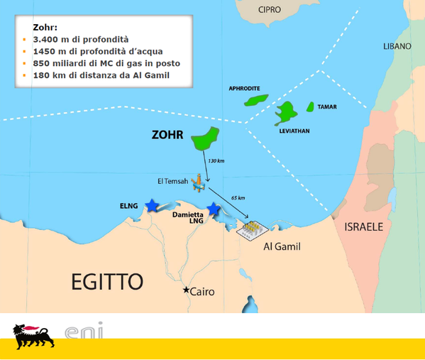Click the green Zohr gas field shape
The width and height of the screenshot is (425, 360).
tap(206, 138)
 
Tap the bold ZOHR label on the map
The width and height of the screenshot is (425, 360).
tap(170, 134)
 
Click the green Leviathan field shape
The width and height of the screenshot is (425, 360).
tap(287, 111)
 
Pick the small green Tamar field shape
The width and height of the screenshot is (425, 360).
tap(310, 107)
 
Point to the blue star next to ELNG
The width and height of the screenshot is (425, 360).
tap(152, 205)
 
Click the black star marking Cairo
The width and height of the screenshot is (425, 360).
tap(187, 290)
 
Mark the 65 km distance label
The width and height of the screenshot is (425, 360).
tap(238, 197)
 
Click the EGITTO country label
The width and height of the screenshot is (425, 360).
tap(107, 281)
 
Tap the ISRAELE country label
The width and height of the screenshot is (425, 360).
tap(363, 227)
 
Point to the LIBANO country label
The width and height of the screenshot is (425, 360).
tap(397, 46)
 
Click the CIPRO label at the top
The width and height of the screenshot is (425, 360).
tap(270, 10)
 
